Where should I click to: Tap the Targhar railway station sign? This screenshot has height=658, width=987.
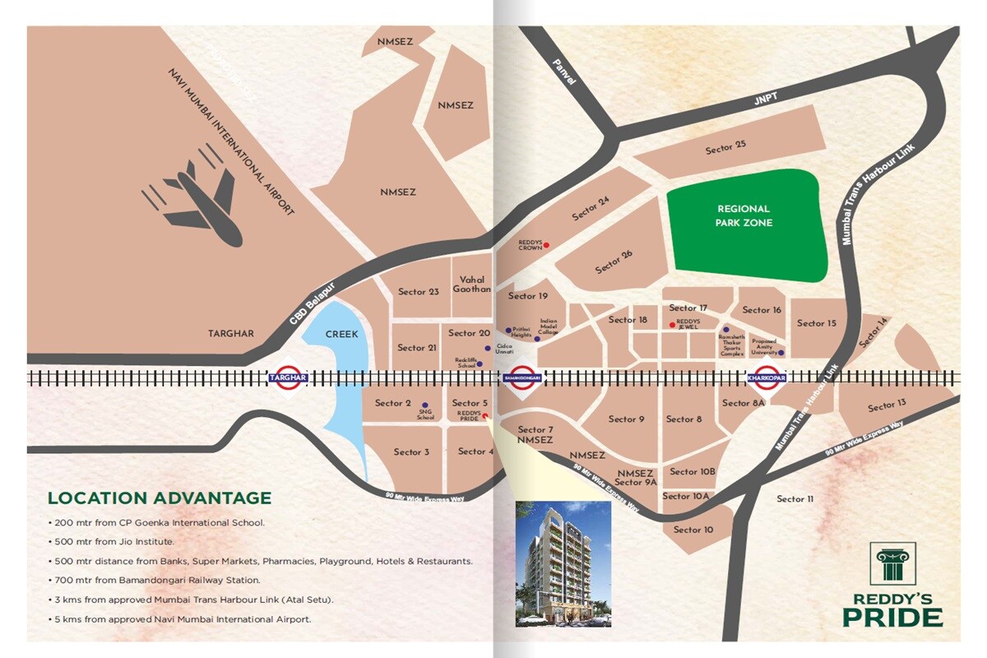[288, 378]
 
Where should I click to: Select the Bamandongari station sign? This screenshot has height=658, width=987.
[520, 378]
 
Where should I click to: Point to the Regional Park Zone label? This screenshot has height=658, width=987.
[744, 215]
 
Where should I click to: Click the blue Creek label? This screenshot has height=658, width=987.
[341, 335]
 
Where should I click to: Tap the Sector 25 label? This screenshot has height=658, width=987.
[725, 149]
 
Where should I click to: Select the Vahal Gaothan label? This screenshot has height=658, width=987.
[472, 285]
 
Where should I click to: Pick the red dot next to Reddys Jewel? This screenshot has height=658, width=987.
[672, 325]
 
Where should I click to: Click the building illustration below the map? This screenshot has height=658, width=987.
[563, 563]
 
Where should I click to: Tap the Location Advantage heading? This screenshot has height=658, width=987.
[160, 498]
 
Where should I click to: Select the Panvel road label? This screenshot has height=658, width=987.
[565, 73]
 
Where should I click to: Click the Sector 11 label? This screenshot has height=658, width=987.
[795, 499]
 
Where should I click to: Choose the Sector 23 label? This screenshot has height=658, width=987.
[418, 292]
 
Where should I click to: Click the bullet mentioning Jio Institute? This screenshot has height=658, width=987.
[114, 542]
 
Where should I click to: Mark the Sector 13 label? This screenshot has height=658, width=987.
[887, 405]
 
